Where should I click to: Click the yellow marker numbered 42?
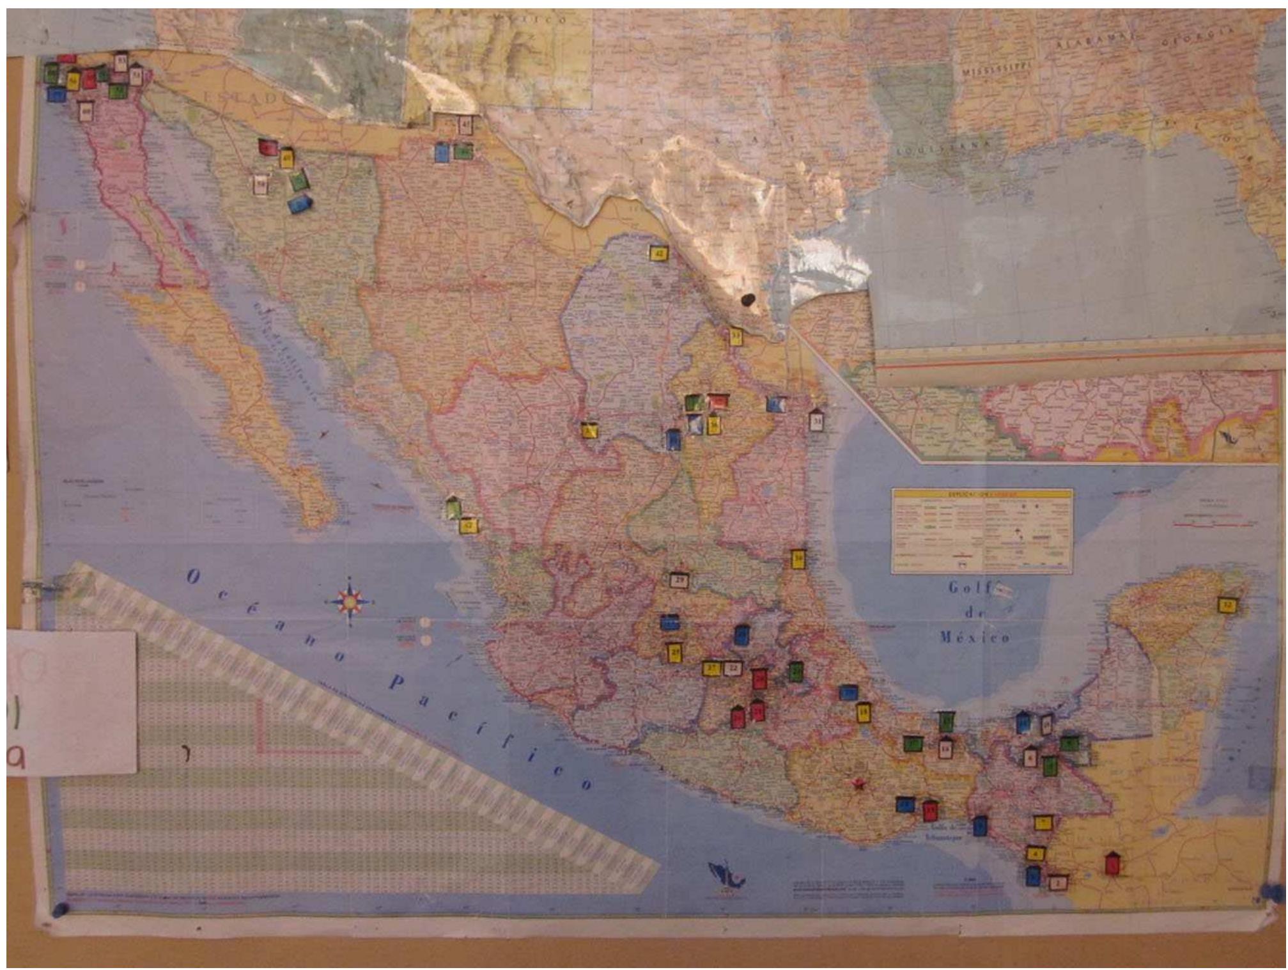coord(658,254)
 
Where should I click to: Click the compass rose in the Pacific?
coord(351,602)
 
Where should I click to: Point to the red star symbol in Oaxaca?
coord(856,782)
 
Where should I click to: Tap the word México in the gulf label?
coord(975,637)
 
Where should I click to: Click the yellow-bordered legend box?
coord(982,531)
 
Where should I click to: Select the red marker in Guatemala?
coord(1113,863)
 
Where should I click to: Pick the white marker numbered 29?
coord(679,581)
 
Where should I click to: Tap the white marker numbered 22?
coord(734,669)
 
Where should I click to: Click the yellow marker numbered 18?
coord(864,712)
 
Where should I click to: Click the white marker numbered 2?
coord(1058,882)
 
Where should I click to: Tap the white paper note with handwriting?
coord(72,702)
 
